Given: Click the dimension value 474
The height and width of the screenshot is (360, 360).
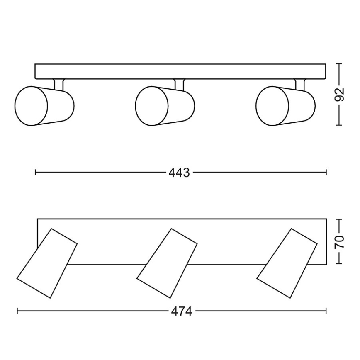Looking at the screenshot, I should coord(182,311).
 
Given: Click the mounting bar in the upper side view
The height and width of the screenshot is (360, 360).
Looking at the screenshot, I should coord(180,71).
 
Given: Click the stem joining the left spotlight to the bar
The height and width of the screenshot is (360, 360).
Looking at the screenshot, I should coord(58,83).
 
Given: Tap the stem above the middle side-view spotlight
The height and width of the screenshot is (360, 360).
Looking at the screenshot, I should coord(179,83).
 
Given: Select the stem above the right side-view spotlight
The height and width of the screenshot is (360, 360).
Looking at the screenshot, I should coord(299,83).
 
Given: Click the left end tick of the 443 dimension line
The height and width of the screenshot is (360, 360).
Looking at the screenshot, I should coord(36,173).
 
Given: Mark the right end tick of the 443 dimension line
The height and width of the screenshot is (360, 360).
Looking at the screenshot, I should coord(326,173).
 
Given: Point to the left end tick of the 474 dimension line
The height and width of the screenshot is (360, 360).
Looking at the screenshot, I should coord(17,311).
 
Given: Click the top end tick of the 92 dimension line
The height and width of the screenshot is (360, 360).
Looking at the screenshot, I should coord(339,64).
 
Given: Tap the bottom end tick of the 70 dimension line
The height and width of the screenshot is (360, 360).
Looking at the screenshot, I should coord(339,263).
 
